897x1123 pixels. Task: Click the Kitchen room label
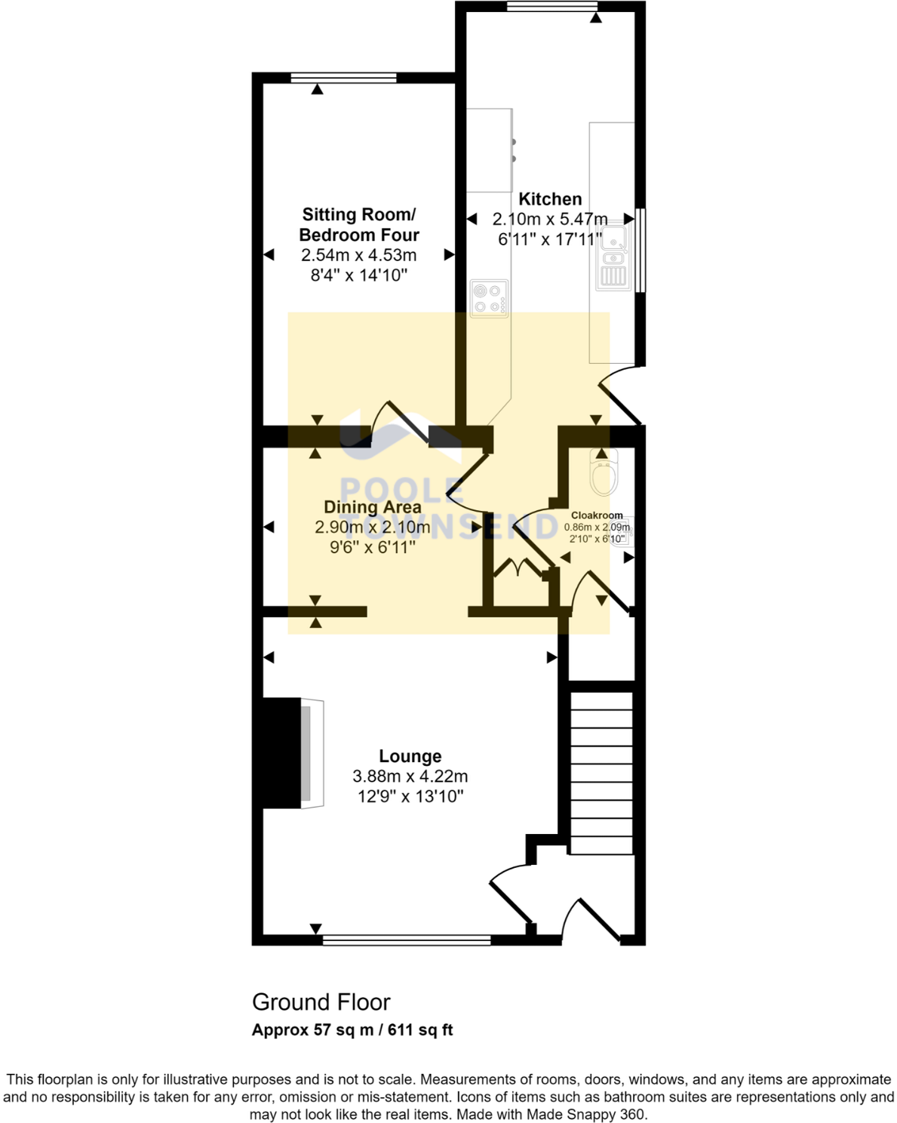(550, 199)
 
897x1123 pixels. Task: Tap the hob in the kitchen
(489, 299)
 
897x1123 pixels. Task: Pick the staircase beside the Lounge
(601, 773)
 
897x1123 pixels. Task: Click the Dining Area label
(373, 506)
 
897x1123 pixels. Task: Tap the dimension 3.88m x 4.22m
(410, 777)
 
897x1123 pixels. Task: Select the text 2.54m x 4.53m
(359, 255)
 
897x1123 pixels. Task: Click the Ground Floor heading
(321, 1002)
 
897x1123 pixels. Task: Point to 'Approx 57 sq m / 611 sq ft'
(352, 1029)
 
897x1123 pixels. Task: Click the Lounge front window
(407, 940)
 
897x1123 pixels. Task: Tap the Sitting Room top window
(343, 78)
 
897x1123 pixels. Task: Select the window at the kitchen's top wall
(552, 6)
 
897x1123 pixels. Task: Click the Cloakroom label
(597, 515)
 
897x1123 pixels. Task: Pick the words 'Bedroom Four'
(359, 235)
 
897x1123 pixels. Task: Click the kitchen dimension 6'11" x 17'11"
(550, 239)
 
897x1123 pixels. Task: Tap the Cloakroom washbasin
(625, 531)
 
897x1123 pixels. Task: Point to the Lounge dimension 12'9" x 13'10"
(410, 796)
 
